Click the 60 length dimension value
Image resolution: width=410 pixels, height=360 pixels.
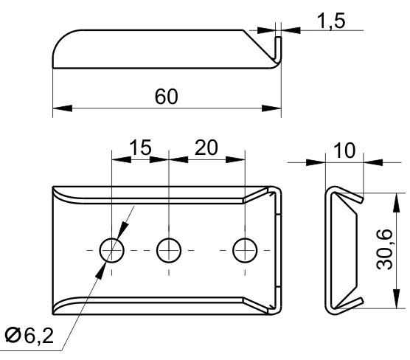(x=167, y=97)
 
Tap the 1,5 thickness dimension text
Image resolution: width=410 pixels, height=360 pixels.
(x=331, y=21)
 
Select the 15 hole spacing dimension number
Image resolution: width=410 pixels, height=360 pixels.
(x=140, y=148)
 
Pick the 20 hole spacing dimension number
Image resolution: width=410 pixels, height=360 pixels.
(x=206, y=148)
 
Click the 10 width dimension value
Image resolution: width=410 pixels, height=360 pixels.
(x=344, y=150)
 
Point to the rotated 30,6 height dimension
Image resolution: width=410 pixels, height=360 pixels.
(x=384, y=249)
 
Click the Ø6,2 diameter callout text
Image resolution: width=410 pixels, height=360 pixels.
(x=29, y=336)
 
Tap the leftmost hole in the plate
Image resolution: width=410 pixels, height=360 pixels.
(x=112, y=250)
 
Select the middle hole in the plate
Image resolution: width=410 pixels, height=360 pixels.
(x=169, y=250)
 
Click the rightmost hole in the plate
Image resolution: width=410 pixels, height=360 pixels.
(x=245, y=250)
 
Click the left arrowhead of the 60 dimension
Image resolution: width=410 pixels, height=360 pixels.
(x=62, y=108)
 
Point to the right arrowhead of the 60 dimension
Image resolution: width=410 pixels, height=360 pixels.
(x=271, y=108)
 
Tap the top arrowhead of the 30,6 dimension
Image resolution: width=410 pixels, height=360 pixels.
(x=397, y=202)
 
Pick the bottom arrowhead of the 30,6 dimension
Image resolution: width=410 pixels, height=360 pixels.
(x=397, y=299)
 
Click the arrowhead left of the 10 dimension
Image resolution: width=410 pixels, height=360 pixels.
(x=316, y=162)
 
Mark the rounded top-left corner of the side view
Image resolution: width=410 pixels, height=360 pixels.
(x=62, y=38)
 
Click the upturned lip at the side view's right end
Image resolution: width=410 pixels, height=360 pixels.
(x=279, y=49)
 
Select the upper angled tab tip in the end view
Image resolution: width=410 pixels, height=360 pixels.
(x=361, y=200)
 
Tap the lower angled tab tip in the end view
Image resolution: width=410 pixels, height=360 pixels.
(x=361, y=301)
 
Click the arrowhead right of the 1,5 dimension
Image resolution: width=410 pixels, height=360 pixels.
(x=291, y=30)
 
